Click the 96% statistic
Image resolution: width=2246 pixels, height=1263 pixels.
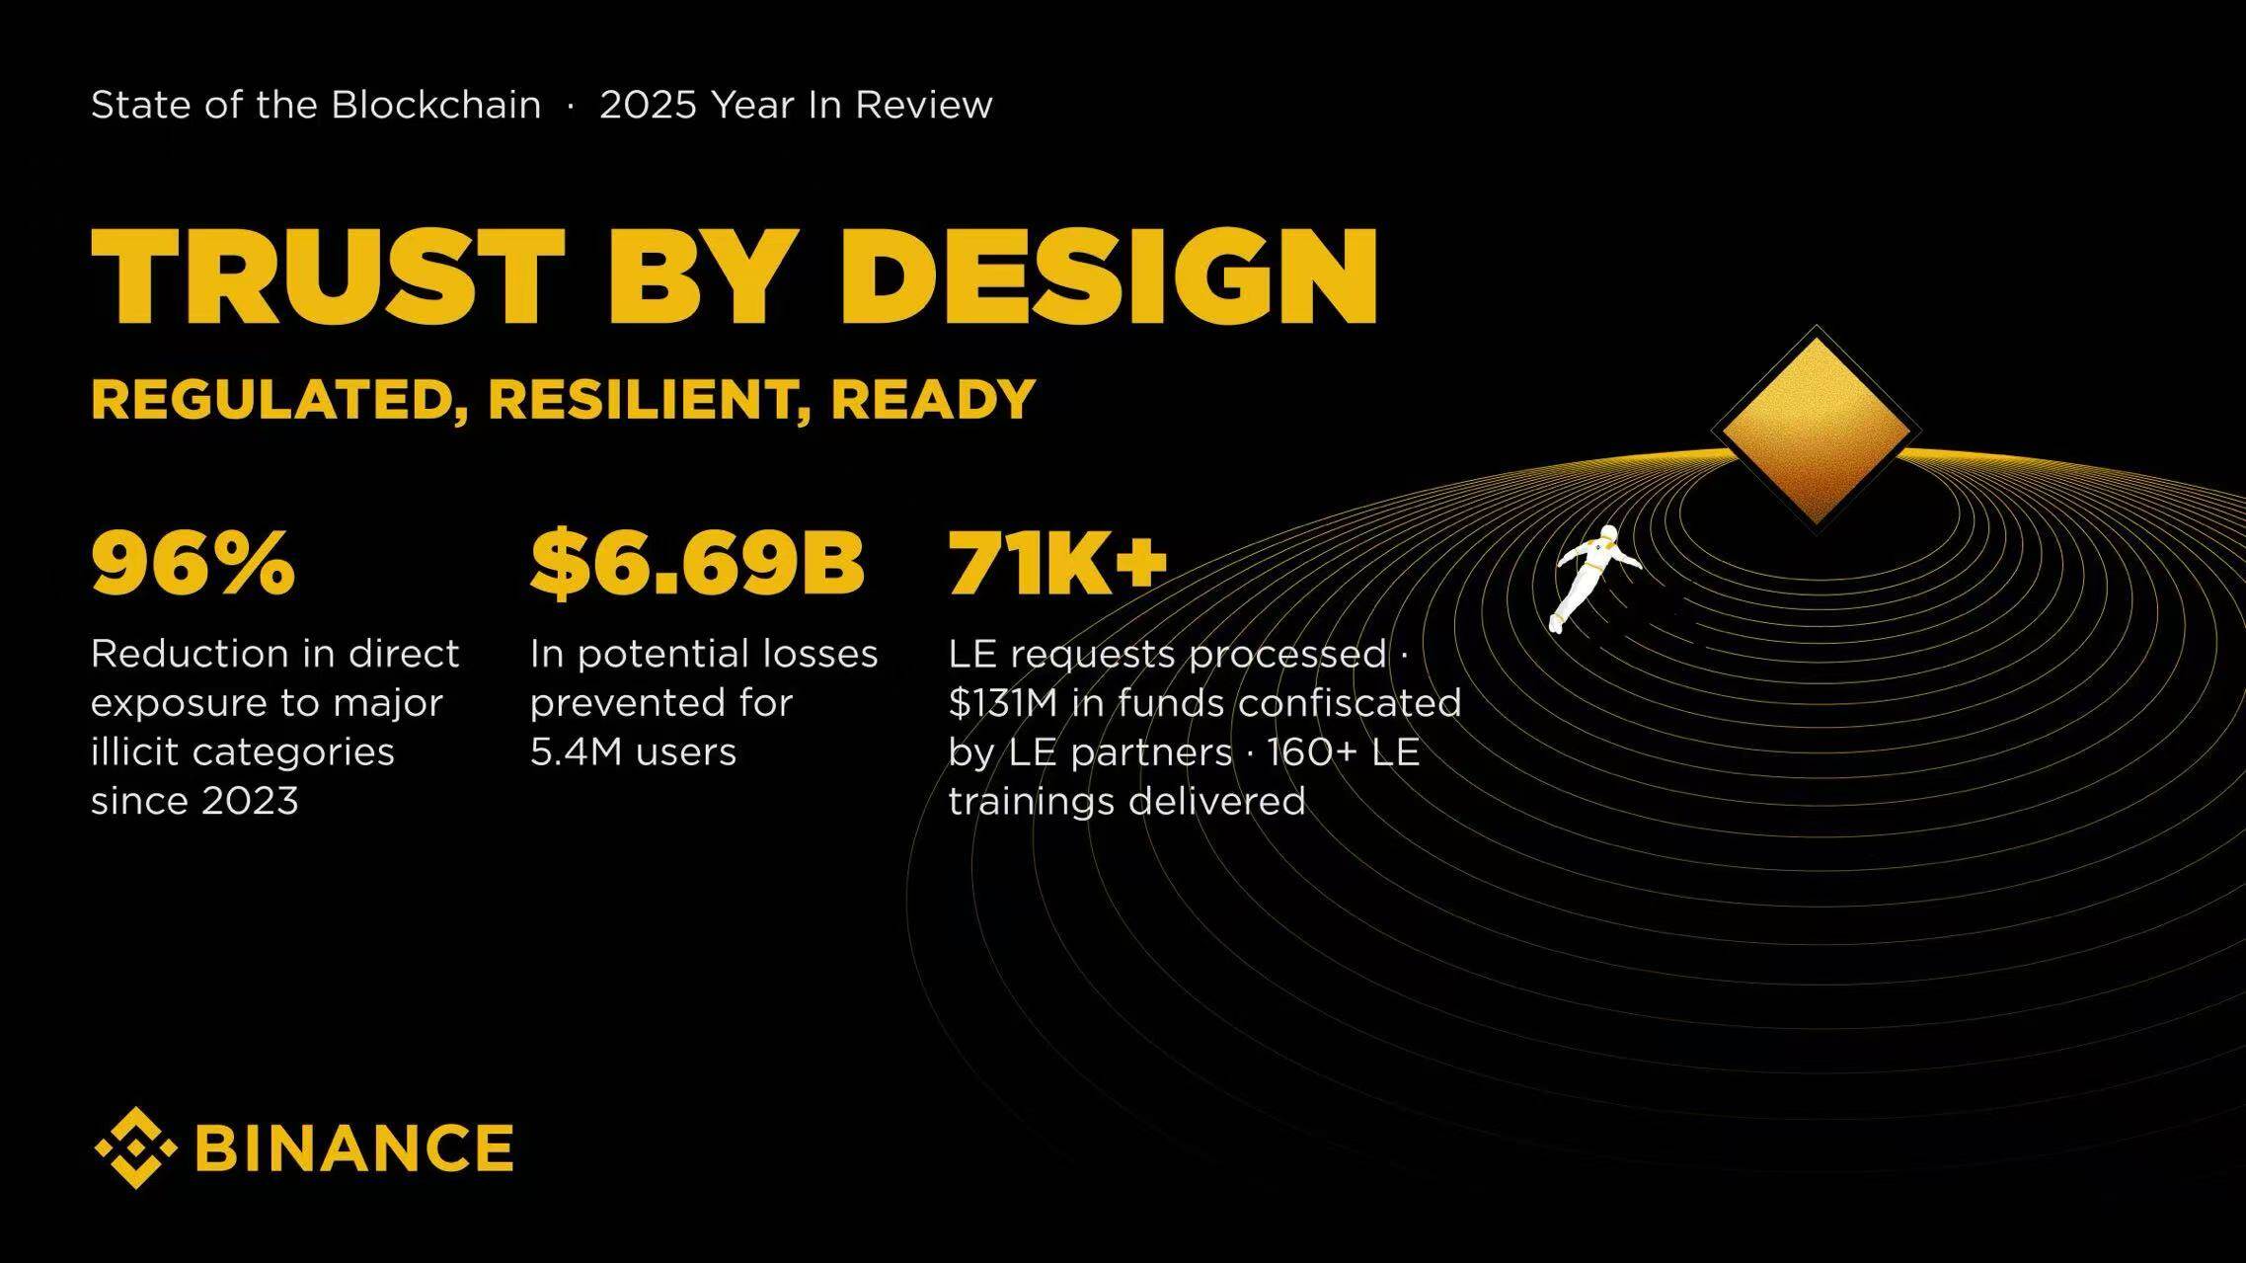(x=194, y=563)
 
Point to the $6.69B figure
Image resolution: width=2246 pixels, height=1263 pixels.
(x=697, y=564)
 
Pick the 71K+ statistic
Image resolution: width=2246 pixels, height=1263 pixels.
(x=1057, y=563)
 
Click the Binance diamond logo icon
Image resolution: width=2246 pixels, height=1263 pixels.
(x=136, y=1147)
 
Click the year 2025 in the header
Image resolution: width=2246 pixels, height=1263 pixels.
(x=649, y=105)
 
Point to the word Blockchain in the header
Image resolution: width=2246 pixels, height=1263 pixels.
(x=435, y=105)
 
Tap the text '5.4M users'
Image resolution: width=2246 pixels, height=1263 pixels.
(x=633, y=752)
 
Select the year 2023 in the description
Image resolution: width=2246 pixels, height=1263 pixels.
(x=249, y=801)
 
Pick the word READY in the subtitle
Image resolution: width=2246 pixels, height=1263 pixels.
(x=933, y=400)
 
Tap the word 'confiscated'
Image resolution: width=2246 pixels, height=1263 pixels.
(x=1350, y=703)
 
